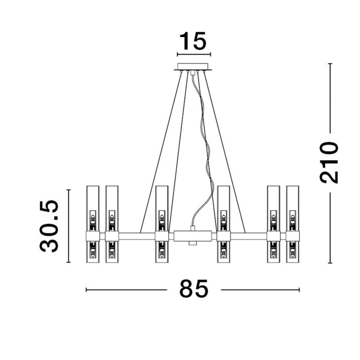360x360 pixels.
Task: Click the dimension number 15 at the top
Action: pos(193,41)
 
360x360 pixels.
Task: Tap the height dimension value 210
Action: pos(329,163)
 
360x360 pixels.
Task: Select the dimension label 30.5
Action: pos(49,226)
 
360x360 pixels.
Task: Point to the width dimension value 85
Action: pos(193,289)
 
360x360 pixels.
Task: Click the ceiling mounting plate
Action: pos(193,67)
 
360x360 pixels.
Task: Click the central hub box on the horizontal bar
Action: pos(192,236)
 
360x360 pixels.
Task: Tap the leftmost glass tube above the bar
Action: pos(93,208)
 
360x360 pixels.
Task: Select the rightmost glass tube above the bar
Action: pos(292,208)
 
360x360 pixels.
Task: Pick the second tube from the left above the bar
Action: pos(112,208)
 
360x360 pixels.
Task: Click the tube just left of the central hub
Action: pos(162,208)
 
